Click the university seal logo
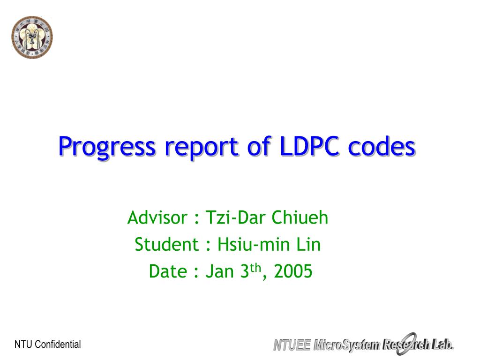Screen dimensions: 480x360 (32, 37)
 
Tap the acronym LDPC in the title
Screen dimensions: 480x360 (309, 146)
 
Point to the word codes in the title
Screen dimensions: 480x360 (382, 146)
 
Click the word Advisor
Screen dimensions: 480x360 (157, 217)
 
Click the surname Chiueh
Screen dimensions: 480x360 (300, 217)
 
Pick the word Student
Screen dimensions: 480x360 (167, 245)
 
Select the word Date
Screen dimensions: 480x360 (168, 271)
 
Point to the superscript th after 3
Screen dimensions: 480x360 (255, 268)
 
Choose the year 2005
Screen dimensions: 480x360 (293, 271)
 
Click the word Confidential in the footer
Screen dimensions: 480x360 (58, 345)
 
